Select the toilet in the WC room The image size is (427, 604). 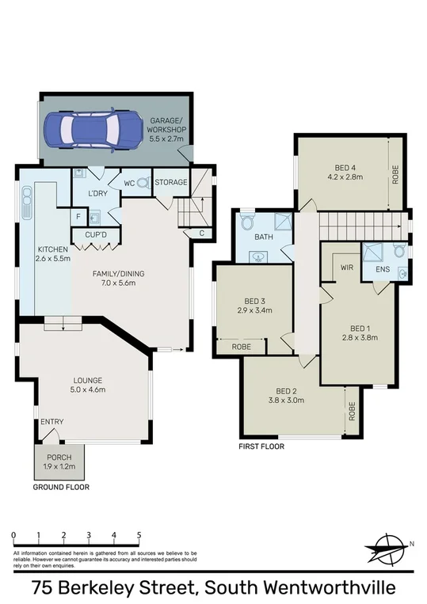pos(143,182)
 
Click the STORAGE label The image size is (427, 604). pos(170,182)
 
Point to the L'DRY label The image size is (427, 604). pos(99,193)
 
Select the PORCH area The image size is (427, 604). pos(59,462)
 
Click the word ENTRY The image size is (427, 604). pos(52,421)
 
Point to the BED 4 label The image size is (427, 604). pos(345,173)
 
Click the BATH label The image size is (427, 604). pos(263,237)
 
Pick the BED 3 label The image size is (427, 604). pos(255,305)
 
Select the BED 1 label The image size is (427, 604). pos(360,332)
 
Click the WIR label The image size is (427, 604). pos(345,268)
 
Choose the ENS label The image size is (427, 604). pos(383,268)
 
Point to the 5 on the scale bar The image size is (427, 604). pos(139,535)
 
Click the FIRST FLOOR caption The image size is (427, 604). pos(261,446)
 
